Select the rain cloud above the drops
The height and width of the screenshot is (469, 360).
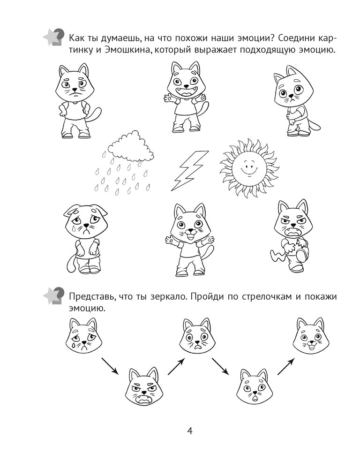pos(131,146)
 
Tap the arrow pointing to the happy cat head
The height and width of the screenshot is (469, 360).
pos(285,367)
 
